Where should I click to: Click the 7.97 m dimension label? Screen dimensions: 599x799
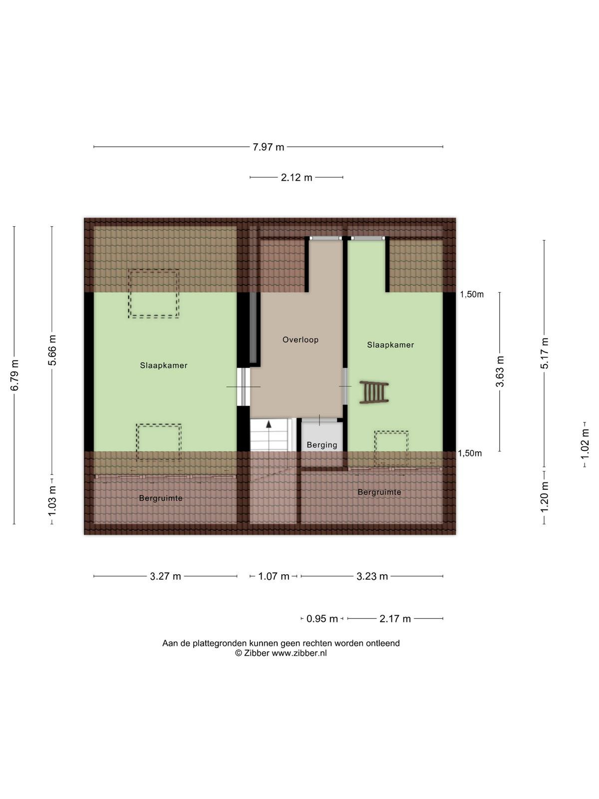(x=268, y=147)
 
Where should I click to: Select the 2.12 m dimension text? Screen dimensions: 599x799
(x=297, y=178)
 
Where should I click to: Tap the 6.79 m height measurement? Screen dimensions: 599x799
(x=14, y=376)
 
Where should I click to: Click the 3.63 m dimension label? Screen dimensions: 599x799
(x=500, y=372)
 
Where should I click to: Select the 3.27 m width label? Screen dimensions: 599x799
(x=166, y=577)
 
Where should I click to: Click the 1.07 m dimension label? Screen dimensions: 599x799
(x=274, y=577)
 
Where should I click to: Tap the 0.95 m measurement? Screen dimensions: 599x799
(x=322, y=619)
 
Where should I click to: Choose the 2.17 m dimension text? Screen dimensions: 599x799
(x=395, y=619)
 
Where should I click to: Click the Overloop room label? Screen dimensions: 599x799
(x=300, y=340)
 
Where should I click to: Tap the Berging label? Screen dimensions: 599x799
(x=322, y=445)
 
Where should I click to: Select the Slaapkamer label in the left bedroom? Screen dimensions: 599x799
(x=164, y=366)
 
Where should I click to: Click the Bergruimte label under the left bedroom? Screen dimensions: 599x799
(x=161, y=498)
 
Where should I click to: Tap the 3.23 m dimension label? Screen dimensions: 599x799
(x=372, y=577)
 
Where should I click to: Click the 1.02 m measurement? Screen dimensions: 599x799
(x=585, y=445)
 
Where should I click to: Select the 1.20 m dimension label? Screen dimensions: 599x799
(x=545, y=497)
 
